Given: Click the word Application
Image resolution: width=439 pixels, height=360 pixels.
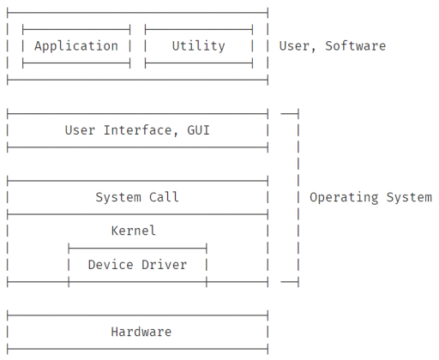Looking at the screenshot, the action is coord(76,46).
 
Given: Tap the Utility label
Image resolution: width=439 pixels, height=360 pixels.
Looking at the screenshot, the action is coord(199,46).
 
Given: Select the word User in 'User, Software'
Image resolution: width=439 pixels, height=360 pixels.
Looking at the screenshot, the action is coord(294,46).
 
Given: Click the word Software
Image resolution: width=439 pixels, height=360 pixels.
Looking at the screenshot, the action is coord(356,45).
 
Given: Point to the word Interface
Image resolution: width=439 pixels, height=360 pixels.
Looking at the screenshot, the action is coord(137,130).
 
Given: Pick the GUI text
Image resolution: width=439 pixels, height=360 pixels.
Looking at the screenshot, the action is coord(199,130).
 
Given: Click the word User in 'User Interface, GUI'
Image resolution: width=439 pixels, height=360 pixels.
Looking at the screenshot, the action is coord(80,130).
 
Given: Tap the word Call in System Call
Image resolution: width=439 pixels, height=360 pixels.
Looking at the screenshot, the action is coord(164,197).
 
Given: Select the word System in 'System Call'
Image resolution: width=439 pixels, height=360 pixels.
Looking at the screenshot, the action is coord(118,197).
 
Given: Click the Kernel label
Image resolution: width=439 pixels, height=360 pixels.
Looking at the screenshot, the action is coord(134,231).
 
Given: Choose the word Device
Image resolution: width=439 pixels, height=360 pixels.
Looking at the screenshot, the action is coord(111,265).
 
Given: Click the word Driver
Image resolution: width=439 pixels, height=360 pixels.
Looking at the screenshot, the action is coord(165,265).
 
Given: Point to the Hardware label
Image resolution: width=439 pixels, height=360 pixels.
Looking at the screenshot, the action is coord(141,332).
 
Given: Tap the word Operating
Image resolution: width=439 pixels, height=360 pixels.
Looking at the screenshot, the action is coord(344,198).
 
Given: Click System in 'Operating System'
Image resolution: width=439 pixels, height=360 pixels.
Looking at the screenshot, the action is coord(409,198).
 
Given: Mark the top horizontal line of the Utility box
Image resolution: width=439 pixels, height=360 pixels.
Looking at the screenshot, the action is coord(199,29).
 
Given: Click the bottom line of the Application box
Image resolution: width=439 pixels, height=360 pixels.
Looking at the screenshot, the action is coord(76,63).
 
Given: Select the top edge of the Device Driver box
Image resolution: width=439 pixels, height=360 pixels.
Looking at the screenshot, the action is coord(137,249).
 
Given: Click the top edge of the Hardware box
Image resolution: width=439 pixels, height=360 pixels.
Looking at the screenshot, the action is coord(137,315).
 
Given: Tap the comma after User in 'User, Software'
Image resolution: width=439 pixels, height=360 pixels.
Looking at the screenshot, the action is coord(313,50).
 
